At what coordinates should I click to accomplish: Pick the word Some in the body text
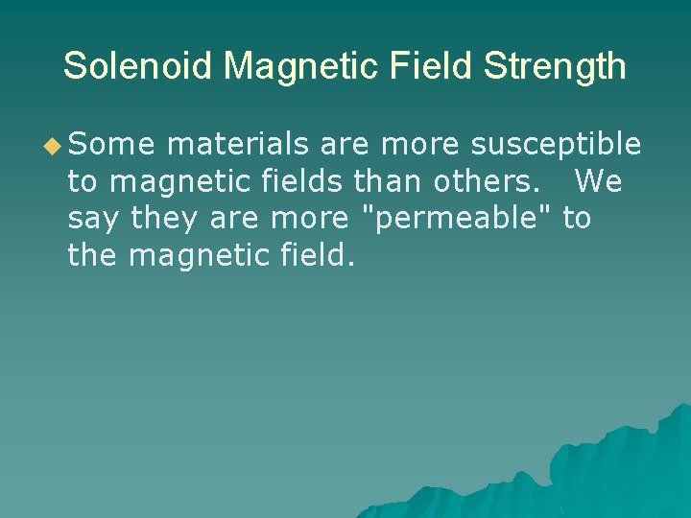110,144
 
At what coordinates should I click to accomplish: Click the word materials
237,144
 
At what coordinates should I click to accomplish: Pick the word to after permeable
577,219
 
